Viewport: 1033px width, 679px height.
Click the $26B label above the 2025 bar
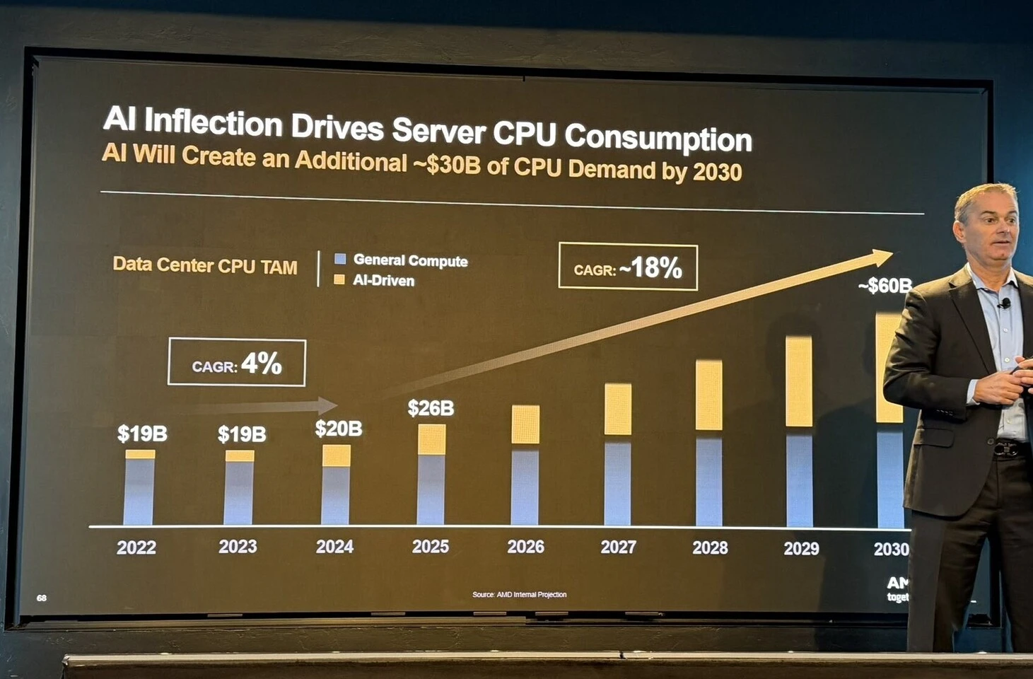431,408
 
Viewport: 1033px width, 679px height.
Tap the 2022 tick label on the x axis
136,547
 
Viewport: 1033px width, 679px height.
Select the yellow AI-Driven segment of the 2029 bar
799,382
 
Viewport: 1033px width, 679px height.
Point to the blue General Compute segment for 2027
617,484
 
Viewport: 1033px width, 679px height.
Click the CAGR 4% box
237,363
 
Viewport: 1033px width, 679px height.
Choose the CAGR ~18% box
628,267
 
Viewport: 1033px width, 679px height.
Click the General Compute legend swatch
340,259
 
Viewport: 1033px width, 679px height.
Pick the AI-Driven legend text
383,281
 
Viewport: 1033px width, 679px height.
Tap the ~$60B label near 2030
885,286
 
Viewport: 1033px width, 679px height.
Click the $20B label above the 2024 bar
339,429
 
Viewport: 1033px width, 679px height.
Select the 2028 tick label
710,547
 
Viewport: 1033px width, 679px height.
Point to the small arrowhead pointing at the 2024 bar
329,405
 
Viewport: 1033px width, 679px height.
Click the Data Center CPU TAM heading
205,265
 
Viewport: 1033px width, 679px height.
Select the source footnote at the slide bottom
519,594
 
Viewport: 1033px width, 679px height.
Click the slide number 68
42,598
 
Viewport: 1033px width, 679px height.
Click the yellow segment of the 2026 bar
525,424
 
